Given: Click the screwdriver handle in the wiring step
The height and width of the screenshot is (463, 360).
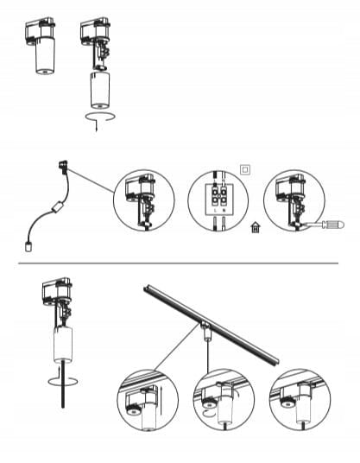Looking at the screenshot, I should point(329,227).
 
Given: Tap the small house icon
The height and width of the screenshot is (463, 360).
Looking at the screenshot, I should point(255,228).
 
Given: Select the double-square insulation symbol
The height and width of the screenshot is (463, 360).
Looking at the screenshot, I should point(246,170).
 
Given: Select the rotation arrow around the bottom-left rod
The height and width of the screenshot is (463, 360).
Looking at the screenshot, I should point(58,377).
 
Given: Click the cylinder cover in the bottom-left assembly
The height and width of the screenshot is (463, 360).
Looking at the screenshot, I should point(60,345).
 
